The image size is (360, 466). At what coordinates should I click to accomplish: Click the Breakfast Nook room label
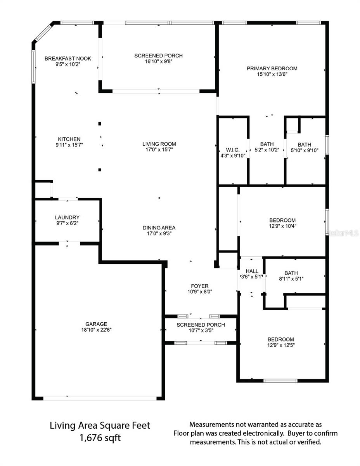click(x=68, y=59)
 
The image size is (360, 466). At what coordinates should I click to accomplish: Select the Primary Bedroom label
click(x=272, y=69)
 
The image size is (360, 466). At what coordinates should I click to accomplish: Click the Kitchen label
click(x=69, y=139)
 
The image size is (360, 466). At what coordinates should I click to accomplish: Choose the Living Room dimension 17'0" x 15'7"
click(x=159, y=150)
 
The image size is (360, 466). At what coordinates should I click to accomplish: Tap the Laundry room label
click(x=67, y=217)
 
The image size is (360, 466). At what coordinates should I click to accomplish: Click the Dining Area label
click(x=159, y=228)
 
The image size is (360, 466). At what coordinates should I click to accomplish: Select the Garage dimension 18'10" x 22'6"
click(x=96, y=330)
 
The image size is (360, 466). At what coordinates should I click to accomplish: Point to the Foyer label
click(x=200, y=286)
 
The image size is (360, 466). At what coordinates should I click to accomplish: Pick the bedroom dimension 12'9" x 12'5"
click(x=280, y=345)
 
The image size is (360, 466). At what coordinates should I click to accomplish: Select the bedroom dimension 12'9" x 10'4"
click(x=282, y=226)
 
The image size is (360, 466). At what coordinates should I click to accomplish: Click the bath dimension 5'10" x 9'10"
click(x=305, y=150)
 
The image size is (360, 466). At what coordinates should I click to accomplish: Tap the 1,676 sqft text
click(x=100, y=438)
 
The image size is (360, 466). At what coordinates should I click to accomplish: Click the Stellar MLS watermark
click(x=343, y=233)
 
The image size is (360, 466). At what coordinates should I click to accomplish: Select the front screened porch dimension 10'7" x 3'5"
click(x=201, y=330)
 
